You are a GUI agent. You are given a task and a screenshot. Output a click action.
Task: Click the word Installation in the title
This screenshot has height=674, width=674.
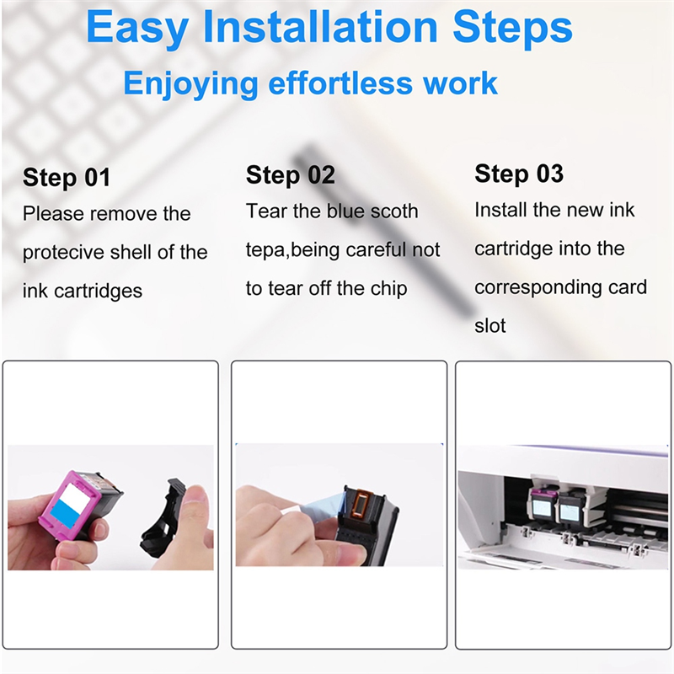click(x=320, y=28)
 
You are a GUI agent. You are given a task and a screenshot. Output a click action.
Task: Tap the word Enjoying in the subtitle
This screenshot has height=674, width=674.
click(x=191, y=83)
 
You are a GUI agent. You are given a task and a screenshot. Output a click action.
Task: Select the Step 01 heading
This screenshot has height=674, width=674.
click(x=67, y=177)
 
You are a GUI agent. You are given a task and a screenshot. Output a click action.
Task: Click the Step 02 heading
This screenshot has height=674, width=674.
click(x=290, y=175)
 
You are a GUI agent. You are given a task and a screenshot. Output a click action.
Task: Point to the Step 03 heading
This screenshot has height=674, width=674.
click(x=519, y=174)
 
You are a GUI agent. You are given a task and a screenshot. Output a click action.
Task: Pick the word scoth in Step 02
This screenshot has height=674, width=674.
click(x=394, y=211)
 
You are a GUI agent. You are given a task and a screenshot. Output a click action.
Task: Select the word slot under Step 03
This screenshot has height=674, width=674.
click(x=490, y=326)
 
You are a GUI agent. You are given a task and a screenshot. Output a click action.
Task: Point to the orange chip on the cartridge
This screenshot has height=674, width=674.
click(x=361, y=504)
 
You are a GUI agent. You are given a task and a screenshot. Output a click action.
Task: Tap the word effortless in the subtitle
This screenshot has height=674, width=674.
click(x=340, y=83)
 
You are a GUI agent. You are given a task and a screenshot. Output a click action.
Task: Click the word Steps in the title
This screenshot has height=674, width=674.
click(x=512, y=29)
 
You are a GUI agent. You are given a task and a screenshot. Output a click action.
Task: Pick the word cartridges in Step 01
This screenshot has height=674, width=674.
click(x=99, y=292)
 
